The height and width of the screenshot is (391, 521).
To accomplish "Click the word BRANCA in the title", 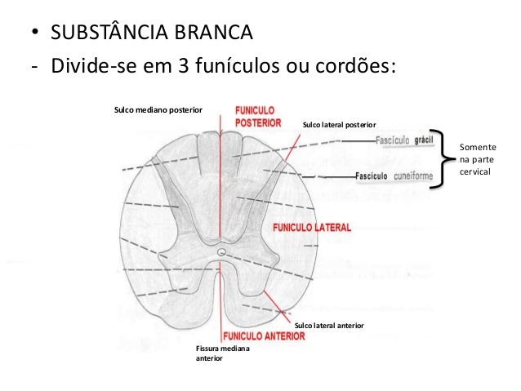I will pyautogui.click(x=212, y=36).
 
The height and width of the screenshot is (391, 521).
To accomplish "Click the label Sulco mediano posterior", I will pyautogui.click(x=158, y=108).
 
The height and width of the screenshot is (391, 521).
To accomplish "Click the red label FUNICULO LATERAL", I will pyautogui.click(x=312, y=226).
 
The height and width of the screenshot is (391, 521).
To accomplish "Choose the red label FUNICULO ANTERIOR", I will pyautogui.click(x=264, y=335).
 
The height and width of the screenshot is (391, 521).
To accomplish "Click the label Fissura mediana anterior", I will pyautogui.click(x=223, y=353).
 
